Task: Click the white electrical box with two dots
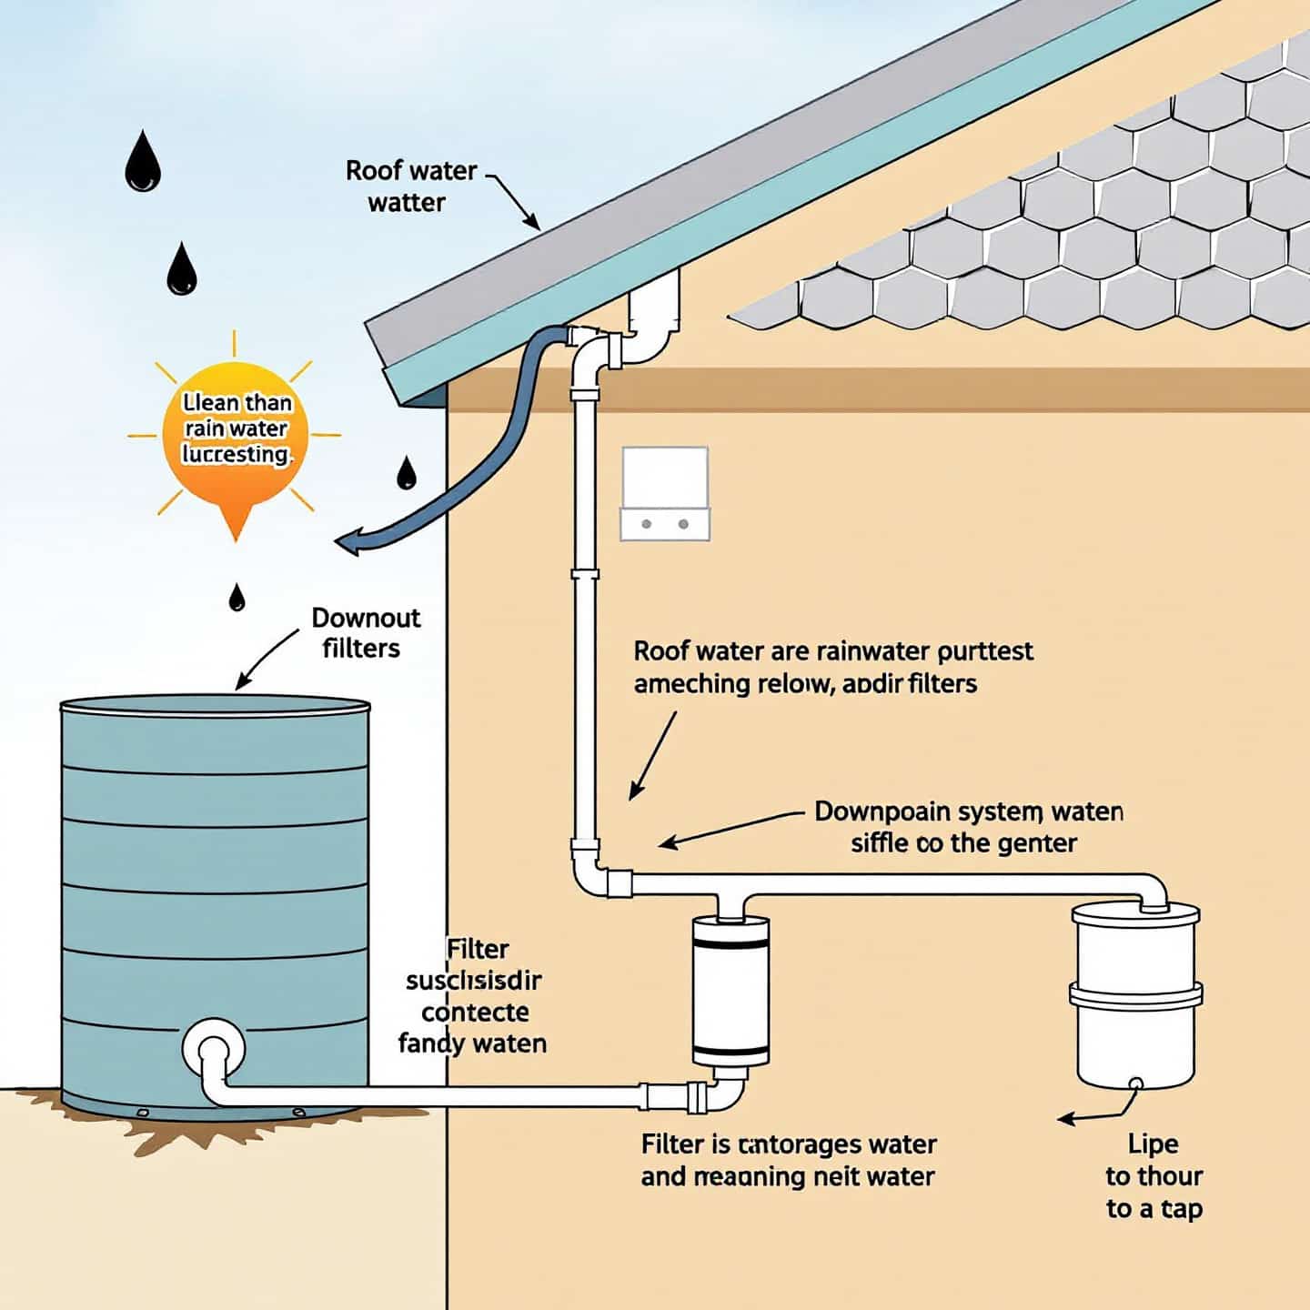[x=664, y=493]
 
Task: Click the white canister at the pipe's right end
[x=1135, y=992]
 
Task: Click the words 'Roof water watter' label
[x=410, y=186]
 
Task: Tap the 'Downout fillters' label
[x=365, y=632]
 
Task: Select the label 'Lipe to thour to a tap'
[x=1154, y=1175]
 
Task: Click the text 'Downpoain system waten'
[x=968, y=811]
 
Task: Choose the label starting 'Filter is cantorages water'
[x=788, y=1144]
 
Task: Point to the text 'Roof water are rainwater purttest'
[x=832, y=651]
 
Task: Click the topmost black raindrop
[x=142, y=164]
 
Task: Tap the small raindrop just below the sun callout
[x=237, y=598]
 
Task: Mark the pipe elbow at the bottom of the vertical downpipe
[x=591, y=879]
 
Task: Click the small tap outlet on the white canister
[x=1135, y=1083]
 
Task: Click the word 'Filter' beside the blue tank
[x=478, y=949]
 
